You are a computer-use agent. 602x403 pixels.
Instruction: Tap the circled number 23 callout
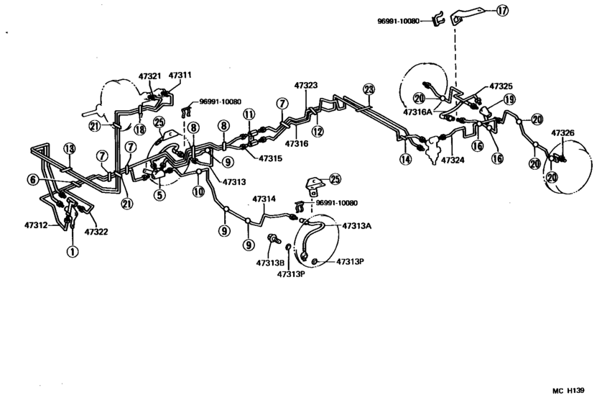[x=369, y=90]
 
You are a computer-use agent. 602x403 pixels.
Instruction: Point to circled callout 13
[x=68, y=148]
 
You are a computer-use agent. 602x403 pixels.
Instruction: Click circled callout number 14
[x=406, y=160]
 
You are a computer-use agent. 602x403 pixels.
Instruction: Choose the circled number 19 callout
[x=509, y=99]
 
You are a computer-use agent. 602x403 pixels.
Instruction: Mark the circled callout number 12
[x=318, y=131]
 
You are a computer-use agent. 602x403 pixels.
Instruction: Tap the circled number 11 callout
[x=249, y=114]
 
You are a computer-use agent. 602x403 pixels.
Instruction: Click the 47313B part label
[x=270, y=262]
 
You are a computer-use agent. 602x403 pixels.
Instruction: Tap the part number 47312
[x=33, y=225]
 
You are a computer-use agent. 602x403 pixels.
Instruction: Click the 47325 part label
[x=501, y=86]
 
